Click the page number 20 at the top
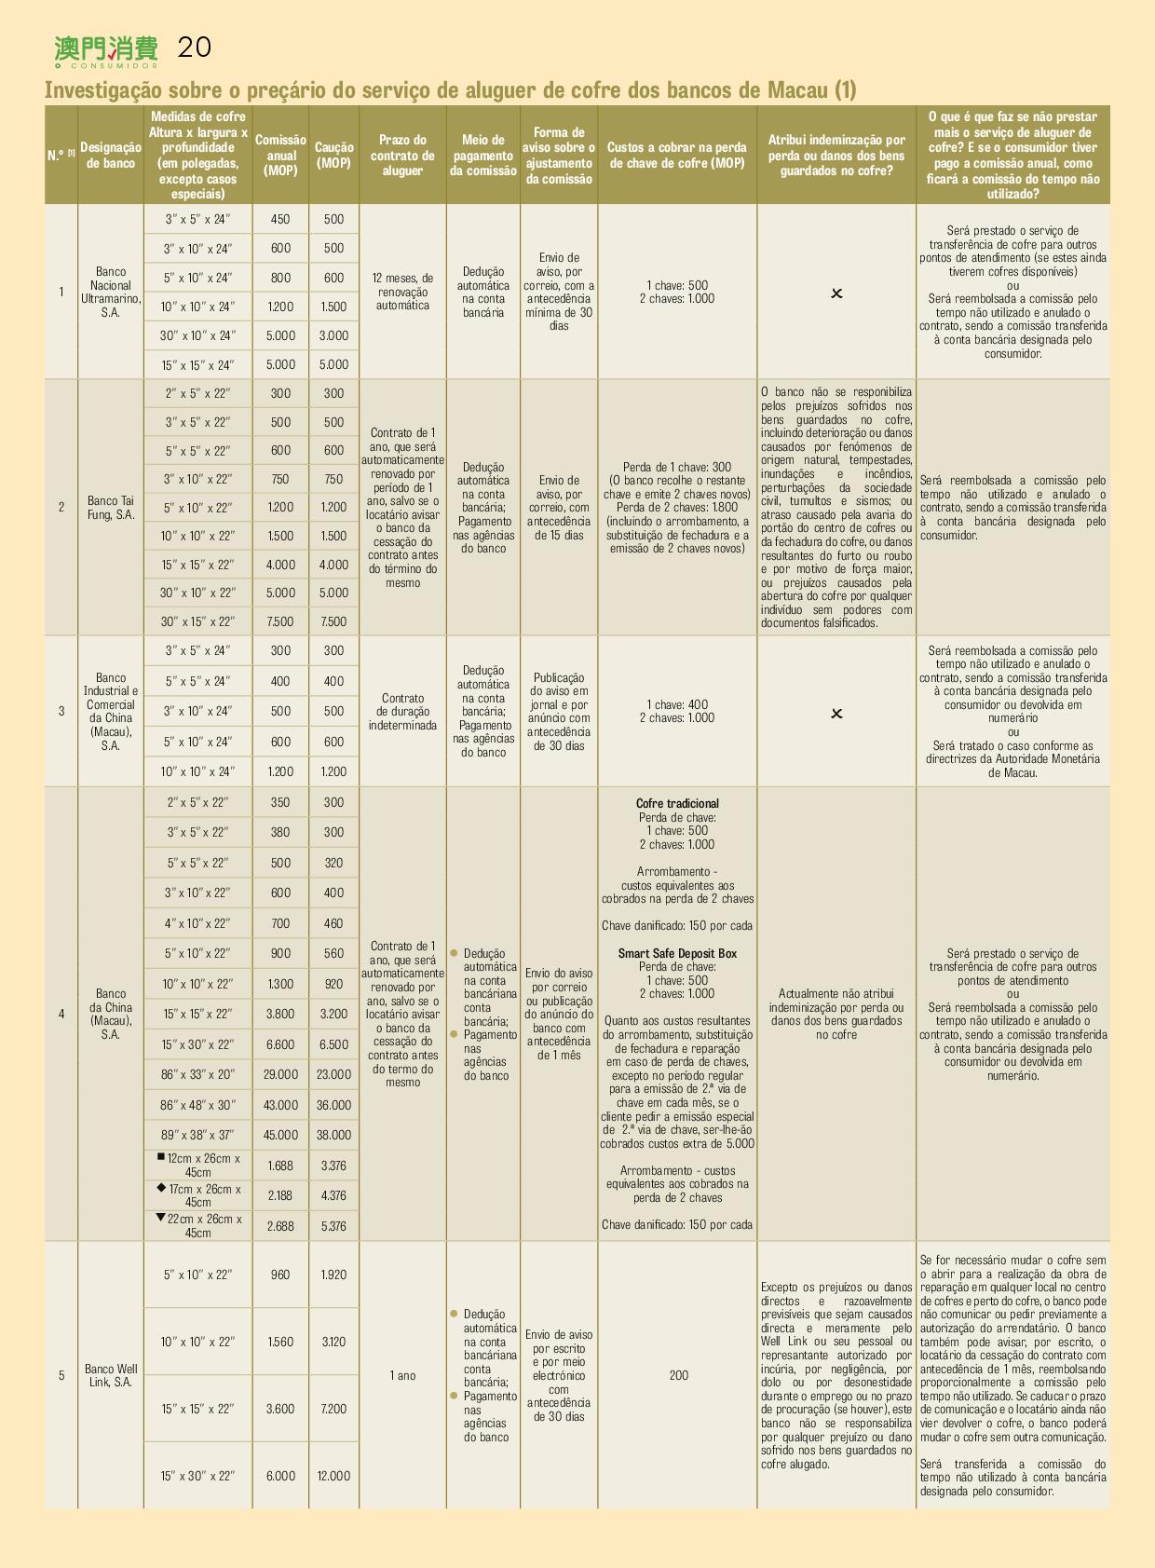194,48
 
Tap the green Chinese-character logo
106,49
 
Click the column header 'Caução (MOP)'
333,155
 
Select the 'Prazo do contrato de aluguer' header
402,155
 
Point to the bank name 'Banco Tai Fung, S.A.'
111,508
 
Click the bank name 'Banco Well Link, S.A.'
111,1375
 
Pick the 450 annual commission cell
280,220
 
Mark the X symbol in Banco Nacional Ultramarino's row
836,293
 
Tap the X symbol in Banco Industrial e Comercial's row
836,714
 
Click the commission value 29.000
280,1074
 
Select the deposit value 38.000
333,1135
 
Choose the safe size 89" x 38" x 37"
197,1135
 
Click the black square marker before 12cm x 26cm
161,1157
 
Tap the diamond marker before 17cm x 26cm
162,1188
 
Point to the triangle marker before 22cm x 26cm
160,1218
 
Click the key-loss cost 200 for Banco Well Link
678,1375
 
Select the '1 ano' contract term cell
402,1375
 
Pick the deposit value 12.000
333,1476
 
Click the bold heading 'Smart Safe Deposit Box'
677,953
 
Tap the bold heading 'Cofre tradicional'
677,803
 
